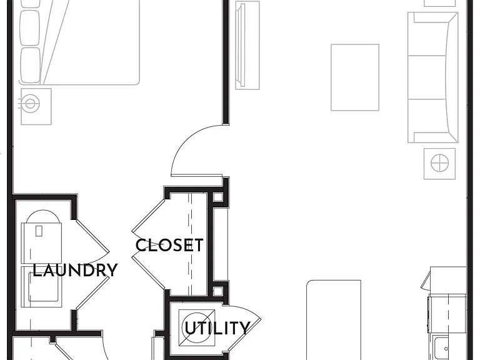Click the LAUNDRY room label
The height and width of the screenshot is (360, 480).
75,270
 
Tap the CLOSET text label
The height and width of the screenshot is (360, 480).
169,245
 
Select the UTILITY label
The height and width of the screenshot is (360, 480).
217,328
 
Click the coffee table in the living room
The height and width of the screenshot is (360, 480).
355,77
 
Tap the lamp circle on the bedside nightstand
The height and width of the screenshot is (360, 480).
30,103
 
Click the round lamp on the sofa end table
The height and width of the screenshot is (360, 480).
439,163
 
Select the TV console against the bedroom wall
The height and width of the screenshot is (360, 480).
247,45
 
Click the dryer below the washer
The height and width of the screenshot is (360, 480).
41,287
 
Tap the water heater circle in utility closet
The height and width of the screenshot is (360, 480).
196,328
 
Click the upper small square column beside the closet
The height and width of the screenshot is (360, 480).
217,197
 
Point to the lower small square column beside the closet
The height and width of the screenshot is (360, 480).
217,291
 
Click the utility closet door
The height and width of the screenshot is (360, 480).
245,327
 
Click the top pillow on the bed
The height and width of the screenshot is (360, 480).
30,4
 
